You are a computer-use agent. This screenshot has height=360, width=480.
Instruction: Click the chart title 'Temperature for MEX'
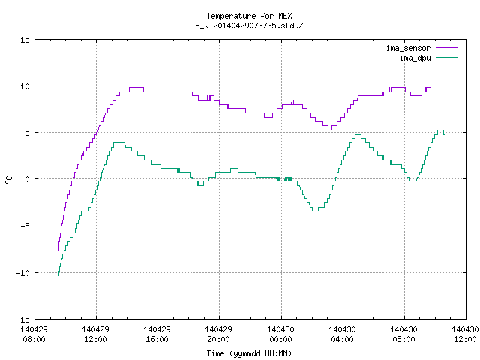249,16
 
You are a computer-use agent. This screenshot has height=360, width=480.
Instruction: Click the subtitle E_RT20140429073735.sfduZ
249,25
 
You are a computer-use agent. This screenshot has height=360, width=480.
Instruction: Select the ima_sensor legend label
408,48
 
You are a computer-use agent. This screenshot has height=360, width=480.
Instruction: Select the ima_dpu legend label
415,58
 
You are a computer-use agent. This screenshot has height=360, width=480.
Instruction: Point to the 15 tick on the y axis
25,40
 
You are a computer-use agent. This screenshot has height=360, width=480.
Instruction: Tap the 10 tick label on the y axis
25,86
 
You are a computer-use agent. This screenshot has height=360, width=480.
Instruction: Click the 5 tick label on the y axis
28,133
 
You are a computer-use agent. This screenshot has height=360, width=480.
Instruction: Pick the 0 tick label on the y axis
28,179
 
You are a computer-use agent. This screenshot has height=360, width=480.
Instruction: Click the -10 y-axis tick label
23,273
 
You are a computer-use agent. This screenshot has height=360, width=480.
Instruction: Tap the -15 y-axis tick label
23,319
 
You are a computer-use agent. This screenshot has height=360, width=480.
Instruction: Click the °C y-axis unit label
8,180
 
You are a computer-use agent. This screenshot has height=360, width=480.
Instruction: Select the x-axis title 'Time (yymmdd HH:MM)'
249,353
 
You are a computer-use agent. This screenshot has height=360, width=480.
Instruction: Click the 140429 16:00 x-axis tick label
157,334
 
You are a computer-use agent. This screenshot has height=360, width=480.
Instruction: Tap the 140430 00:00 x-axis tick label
280,334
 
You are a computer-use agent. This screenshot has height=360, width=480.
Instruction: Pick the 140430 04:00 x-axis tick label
342,334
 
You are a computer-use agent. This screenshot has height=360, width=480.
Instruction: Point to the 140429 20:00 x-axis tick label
218,334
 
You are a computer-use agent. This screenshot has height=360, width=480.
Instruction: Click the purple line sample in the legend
447,48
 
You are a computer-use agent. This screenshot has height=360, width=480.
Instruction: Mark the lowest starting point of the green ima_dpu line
58,275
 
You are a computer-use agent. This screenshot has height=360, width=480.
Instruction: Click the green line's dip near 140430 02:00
315,211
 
